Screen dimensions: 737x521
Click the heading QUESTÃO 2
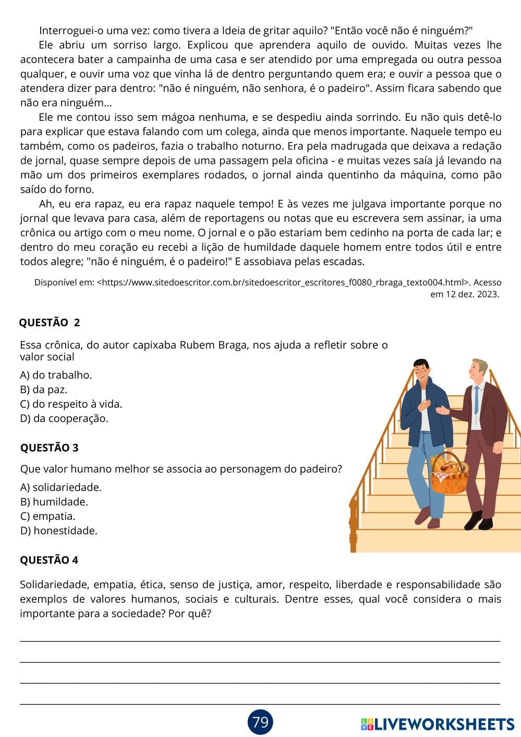tap(50, 322)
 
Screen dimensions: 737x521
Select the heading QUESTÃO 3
tap(50, 447)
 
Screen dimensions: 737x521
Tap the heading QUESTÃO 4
tap(49, 560)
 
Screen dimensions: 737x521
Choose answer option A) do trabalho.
tap(56, 375)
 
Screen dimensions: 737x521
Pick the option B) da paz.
tap(44, 390)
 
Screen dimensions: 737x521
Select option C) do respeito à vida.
tap(71, 404)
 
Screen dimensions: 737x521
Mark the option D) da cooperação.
tap(64, 418)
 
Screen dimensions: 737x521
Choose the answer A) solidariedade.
tap(60, 488)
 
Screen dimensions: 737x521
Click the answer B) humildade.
tap(54, 502)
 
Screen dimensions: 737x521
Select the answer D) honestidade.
tap(59, 531)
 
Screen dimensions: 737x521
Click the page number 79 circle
tap(260, 722)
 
